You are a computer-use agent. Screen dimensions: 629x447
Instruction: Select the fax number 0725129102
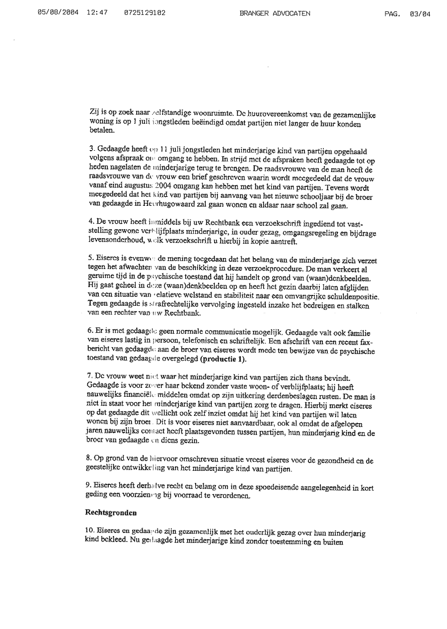(145, 14)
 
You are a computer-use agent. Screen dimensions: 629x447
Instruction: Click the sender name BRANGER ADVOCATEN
(275, 14)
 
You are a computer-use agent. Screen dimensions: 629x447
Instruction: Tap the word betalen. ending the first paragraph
(100, 131)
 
